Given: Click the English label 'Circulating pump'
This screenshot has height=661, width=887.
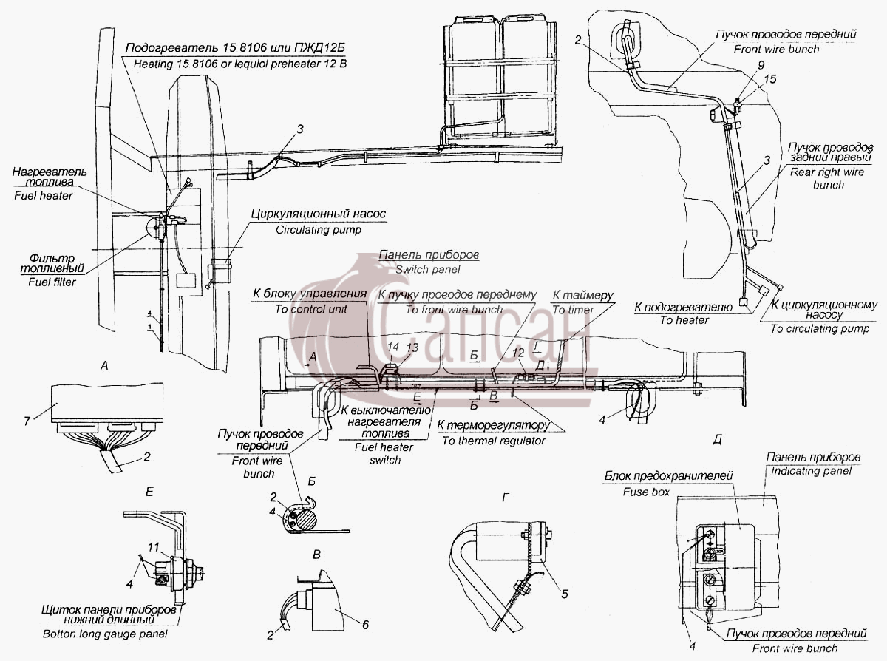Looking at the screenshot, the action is [x=319, y=230].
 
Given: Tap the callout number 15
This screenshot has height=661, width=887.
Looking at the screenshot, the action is [x=769, y=79].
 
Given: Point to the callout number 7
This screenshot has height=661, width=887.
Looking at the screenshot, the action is [x=27, y=421].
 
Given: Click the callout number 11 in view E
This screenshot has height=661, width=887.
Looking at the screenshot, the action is [x=154, y=547].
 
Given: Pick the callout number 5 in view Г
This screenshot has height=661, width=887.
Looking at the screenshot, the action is [x=564, y=594].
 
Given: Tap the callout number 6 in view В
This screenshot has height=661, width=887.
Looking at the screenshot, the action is [x=365, y=625].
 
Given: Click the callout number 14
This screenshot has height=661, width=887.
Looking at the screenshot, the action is [x=393, y=347].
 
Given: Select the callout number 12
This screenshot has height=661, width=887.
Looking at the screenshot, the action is [x=518, y=353].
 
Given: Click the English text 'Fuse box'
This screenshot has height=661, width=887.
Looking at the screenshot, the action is [x=646, y=492].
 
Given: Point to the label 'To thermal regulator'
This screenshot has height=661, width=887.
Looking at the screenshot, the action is [x=494, y=441].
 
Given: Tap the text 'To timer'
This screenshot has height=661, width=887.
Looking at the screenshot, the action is [x=573, y=310].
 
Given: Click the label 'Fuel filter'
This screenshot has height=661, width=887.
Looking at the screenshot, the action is [x=52, y=282].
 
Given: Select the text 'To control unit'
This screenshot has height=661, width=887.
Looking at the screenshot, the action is [x=310, y=309].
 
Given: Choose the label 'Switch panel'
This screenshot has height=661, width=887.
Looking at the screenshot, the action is [x=428, y=270].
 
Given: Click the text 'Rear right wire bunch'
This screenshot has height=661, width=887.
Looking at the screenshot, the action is [x=827, y=178].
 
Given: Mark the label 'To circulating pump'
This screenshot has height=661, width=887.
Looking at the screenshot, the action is [x=820, y=329].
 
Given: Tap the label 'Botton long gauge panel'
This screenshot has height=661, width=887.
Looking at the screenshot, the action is [x=105, y=634].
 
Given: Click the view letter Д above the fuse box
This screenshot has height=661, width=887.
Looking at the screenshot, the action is [x=717, y=440].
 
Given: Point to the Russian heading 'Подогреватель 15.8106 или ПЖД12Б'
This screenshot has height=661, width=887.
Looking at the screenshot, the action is [x=235, y=48].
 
